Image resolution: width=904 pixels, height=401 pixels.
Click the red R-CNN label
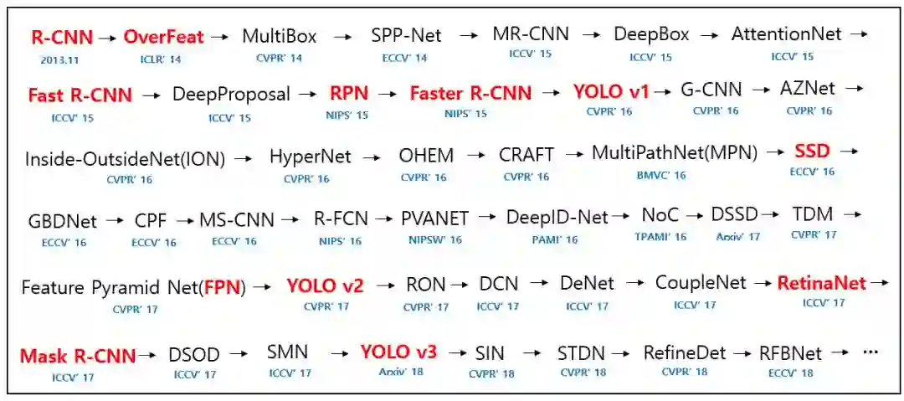tap(61, 37)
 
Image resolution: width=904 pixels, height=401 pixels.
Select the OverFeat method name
tap(164, 37)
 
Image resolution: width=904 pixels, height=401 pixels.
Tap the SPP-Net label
tap(406, 36)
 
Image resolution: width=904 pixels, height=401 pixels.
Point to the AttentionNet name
tap(786, 34)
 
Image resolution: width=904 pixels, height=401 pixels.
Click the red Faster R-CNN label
tap(470, 93)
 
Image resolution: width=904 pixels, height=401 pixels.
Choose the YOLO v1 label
tap(611, 91)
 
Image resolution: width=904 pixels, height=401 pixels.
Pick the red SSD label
tap(812, 152)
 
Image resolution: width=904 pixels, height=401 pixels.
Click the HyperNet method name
tap(310, 157)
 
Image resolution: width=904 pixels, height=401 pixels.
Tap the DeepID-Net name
tap(557, 218)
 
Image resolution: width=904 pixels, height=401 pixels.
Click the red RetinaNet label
tap(821, 283)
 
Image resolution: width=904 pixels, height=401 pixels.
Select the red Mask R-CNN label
tap(77, 356)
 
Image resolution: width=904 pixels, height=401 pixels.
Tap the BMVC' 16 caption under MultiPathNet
tap(661, 175)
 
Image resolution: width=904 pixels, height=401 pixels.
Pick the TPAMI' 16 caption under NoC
tap(660, 237)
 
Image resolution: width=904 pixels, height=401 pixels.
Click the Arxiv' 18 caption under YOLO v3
tap(399, 372)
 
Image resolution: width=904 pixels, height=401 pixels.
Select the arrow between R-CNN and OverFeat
tap(106, 38)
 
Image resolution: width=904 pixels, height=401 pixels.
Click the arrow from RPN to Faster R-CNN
tap(387, 94)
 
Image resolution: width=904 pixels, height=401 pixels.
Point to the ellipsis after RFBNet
tap(870, 352)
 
